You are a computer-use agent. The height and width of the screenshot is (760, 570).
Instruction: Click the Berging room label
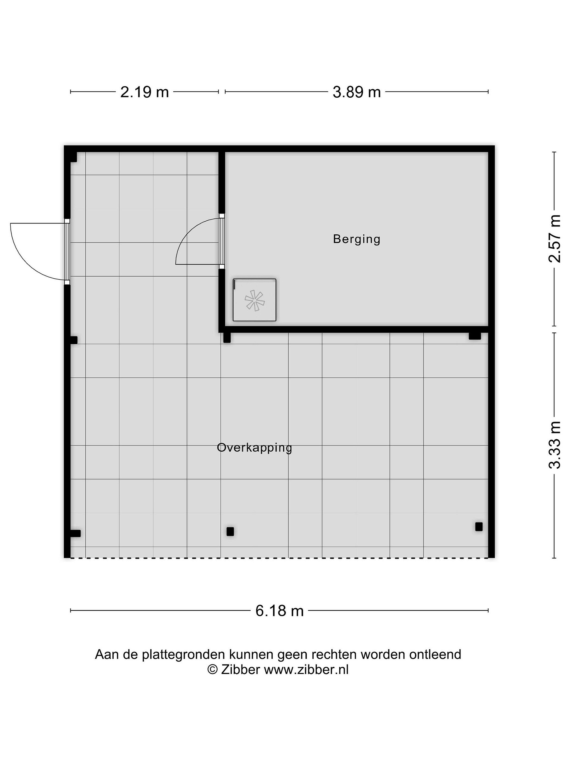click(356, 239)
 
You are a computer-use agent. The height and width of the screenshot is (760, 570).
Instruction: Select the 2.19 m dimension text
click(144, 92)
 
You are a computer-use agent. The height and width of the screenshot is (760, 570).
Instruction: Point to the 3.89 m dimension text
click(357, 92)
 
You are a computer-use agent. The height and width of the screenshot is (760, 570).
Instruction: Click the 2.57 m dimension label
click(554, 239)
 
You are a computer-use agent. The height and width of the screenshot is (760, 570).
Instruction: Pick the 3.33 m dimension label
click(554, 445)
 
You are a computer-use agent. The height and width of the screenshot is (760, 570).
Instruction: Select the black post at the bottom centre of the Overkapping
click(230, 531)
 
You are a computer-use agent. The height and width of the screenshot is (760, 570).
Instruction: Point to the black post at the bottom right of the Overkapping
click(479, 527)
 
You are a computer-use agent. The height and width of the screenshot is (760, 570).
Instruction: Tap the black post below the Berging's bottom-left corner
click(227, 338)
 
